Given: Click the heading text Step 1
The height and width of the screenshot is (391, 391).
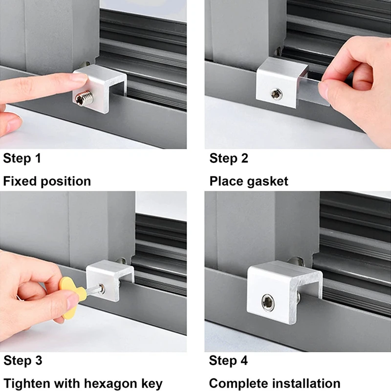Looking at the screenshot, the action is [x=22, y=158].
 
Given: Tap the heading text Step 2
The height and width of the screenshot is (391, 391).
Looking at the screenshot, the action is [x=229, y=158].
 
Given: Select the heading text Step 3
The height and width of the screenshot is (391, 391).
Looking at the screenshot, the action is [x=22, y=361].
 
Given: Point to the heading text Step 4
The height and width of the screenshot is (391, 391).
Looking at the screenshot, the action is [x=228, y=361].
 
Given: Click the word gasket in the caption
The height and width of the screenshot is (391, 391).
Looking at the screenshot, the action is [x=268, y=181].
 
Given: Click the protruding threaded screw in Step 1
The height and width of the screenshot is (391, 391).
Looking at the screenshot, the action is [x=84, y=98].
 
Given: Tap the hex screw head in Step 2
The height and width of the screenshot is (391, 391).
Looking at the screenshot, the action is [x=277, y=94].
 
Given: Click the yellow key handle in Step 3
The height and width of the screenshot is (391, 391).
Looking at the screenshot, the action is [x=72, y=297].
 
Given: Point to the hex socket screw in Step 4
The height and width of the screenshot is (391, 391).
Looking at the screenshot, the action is [x=268, y=303].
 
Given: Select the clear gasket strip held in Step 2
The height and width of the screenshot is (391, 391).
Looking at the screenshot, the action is [x=313, y=90].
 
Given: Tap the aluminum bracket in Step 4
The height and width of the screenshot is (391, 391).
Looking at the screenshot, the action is [x=284, y=292].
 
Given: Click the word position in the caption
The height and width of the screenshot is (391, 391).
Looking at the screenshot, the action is [x=66, y=181].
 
